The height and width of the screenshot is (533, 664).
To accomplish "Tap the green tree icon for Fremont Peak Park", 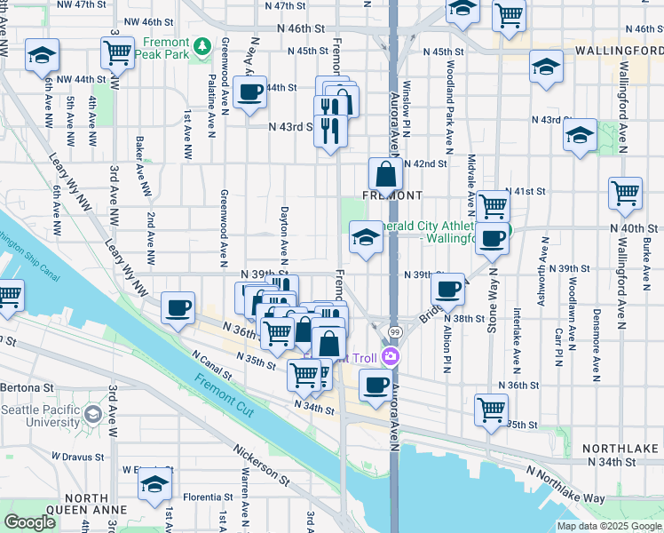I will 203,44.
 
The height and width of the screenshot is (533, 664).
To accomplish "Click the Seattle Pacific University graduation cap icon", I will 91,415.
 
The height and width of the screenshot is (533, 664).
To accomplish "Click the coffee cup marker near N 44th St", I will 250,93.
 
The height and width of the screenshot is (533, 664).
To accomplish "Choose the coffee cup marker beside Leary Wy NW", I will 178,307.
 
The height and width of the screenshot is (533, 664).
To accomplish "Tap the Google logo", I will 30,522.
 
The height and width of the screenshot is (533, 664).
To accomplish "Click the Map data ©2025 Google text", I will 609,526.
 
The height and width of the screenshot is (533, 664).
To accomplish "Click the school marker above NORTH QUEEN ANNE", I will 154,484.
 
